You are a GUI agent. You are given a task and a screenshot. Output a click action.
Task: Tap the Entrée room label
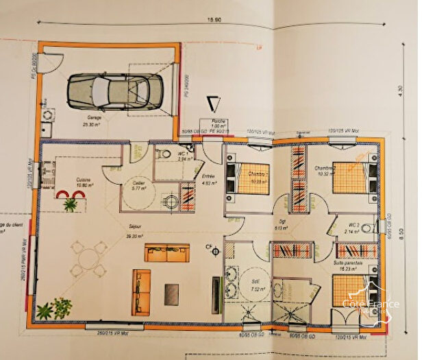point(208,180)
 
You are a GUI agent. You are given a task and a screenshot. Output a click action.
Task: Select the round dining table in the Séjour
point(88,259)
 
